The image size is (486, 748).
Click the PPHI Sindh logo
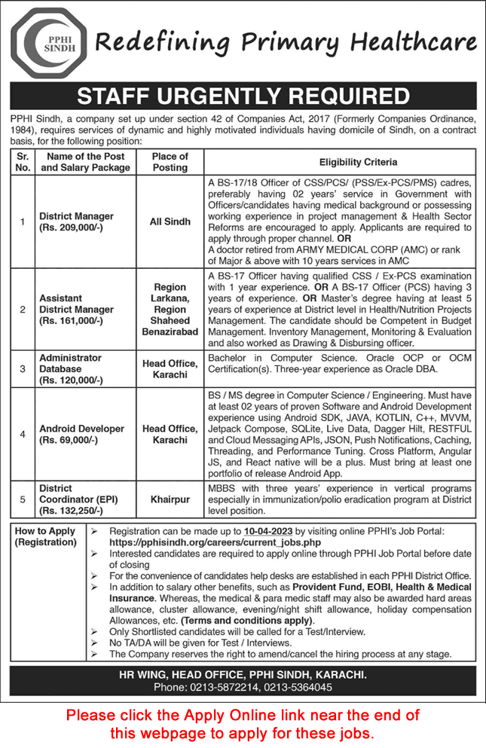[49, 43]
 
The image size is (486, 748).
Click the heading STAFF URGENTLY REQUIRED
[243, 97]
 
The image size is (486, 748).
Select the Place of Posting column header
[170, 162]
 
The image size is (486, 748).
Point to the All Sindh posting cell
[170, 222]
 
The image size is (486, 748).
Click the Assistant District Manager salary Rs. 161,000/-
[73, 321]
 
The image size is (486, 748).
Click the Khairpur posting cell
[170, 499]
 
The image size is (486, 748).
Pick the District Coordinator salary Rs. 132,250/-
[73, 510]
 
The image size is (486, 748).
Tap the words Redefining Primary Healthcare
[286, 44]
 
